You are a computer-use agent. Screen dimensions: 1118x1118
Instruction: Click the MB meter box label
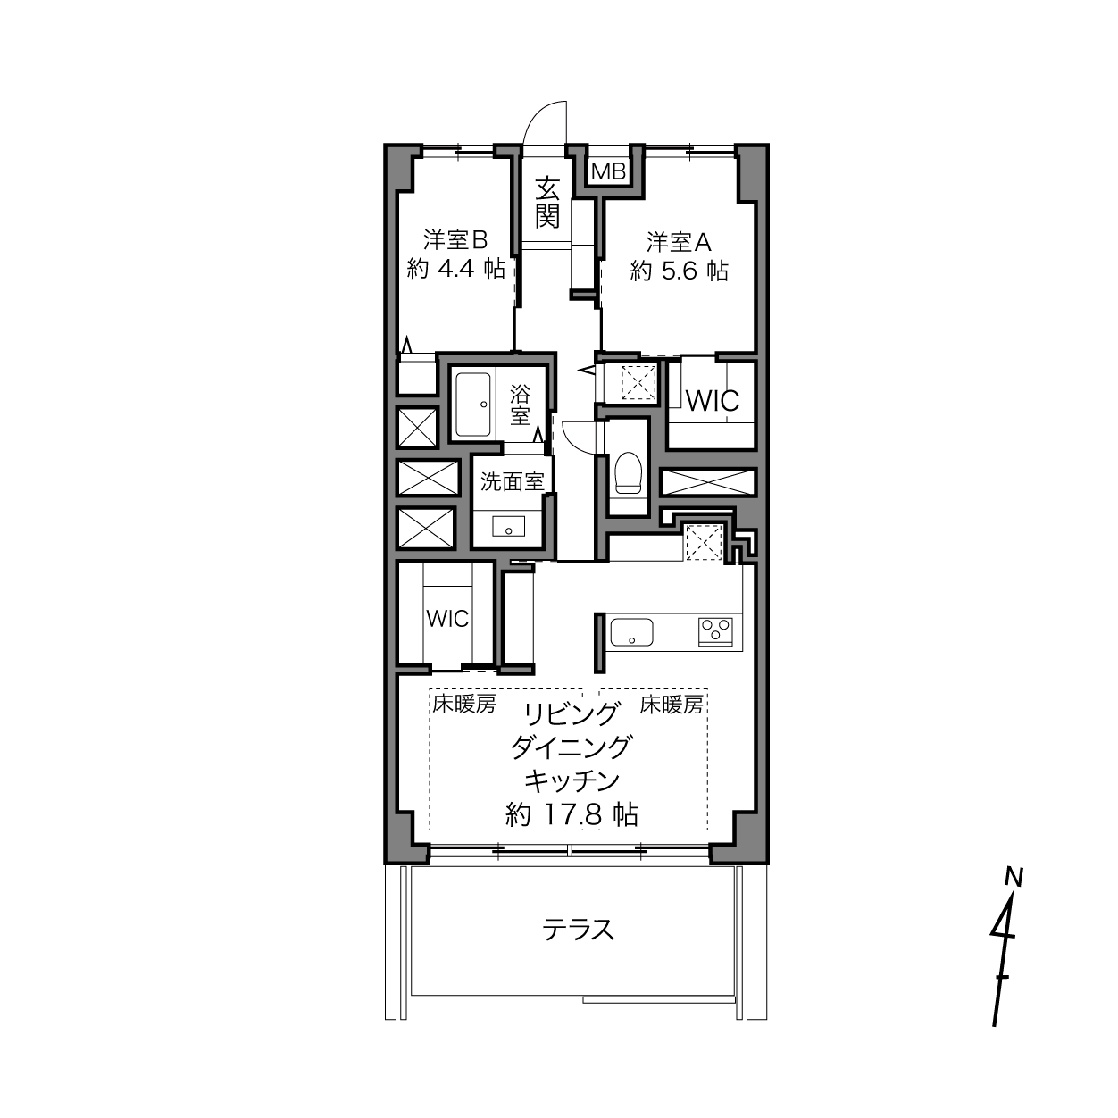point(609,171)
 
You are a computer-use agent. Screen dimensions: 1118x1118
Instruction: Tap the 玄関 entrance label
point(547,203)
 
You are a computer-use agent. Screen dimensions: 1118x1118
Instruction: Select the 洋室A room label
point(679,242)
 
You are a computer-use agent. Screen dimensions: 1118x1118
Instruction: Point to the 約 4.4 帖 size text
point(455,269)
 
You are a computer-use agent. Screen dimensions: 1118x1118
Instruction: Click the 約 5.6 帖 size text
point(679,271)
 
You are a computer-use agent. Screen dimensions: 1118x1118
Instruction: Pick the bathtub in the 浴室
point(473,405)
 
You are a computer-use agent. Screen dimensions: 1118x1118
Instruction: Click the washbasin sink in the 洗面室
point(508,527)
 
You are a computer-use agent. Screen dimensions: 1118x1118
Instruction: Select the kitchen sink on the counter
point(631,632)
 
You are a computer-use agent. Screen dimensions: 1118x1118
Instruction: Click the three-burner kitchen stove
point(715,632)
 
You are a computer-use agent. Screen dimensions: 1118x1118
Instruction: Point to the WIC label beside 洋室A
point(713,400)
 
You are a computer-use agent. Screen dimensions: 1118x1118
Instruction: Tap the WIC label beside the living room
point(447,619)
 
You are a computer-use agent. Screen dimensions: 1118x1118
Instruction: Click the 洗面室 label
point(512,481)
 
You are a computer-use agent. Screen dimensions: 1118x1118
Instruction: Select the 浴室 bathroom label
point(520,405)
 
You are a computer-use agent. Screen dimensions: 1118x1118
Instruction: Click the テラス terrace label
point(578,930)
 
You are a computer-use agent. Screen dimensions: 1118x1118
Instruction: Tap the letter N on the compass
point(1014,877)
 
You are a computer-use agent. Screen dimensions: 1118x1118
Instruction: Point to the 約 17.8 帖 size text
point(572,815)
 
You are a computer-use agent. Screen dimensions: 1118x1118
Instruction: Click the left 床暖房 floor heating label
point(464,705)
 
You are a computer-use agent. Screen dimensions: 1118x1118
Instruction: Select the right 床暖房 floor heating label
point(672,705)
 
